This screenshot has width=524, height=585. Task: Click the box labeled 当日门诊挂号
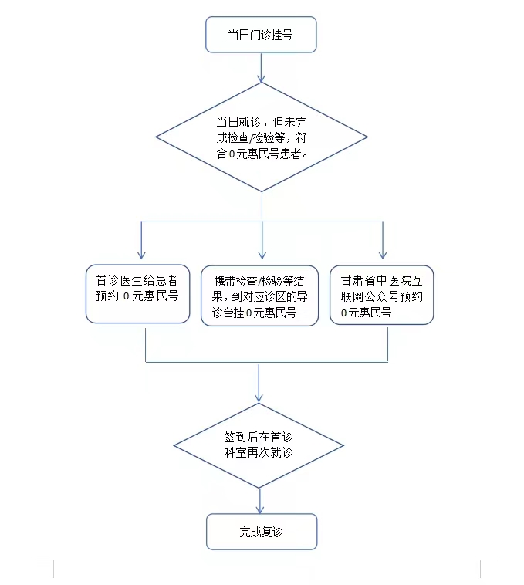click(260, 35)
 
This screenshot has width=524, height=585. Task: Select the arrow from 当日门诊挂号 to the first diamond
click(261, 68)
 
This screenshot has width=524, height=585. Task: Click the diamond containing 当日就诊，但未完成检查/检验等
click(261, 137)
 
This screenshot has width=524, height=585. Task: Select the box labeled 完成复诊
click(261, 532)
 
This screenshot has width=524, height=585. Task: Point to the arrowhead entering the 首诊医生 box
click(140, 254)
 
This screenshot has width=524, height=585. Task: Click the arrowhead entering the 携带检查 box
click(262, 254)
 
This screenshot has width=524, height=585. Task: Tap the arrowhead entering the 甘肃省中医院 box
click(382, 254)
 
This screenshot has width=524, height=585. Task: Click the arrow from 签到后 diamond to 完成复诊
click(260, 499)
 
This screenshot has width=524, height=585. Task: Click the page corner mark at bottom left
click(47, 566)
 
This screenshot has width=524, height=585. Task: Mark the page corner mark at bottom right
click(485, 566)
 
